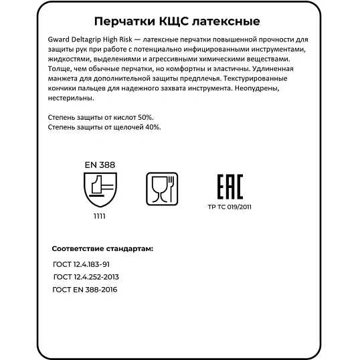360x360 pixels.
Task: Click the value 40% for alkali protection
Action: pos(151,126)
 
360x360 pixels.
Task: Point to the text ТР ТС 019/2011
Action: pos(231,207)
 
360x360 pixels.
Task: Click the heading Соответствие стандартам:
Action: pos(102,248)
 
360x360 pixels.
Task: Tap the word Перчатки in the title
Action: pos(118,23)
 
